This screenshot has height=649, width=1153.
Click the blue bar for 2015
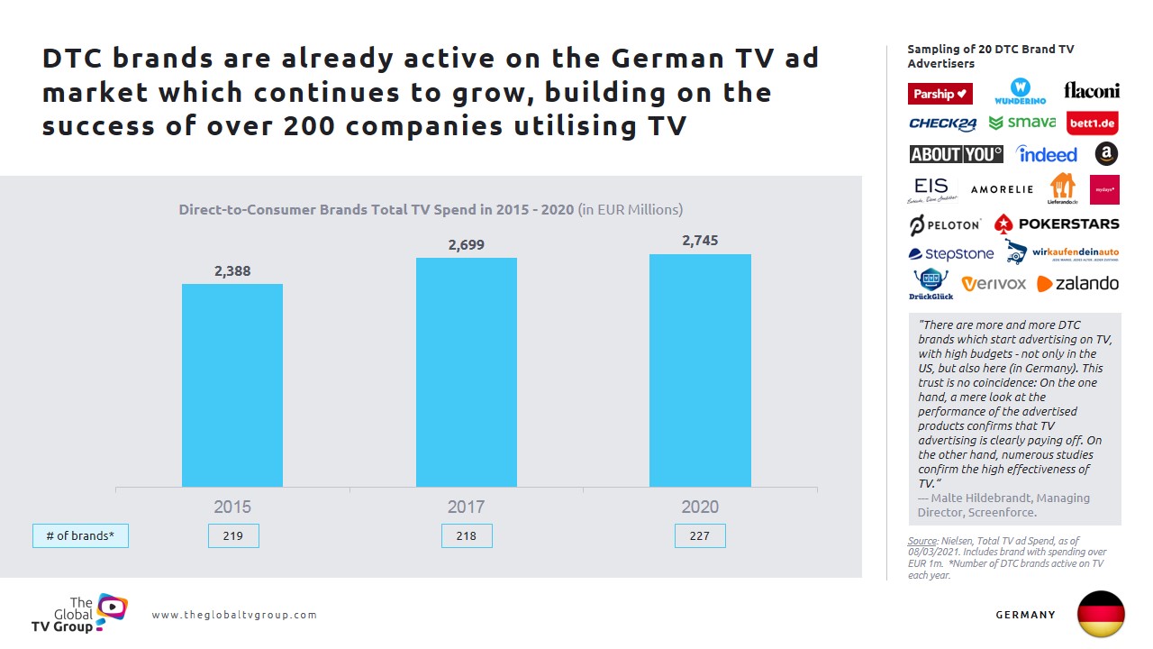[232, 386]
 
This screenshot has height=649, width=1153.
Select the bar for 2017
[466, 372]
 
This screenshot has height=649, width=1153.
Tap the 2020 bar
[700, 370]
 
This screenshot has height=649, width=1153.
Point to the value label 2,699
[466, 244]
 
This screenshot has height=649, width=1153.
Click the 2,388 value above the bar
[232, 270]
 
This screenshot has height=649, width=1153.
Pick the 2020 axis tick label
[700, 507]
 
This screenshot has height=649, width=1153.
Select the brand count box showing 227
[700, 535]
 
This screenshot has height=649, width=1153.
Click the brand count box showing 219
[232, 535]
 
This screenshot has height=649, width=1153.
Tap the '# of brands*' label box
[80, 535]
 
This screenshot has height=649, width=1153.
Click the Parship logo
[940, 94]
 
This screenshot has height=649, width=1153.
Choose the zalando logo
[1077, 284]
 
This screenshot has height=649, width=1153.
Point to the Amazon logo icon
[1106, 154]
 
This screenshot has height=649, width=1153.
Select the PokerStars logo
[1057, 224]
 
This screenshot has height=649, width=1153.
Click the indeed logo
[1047, 154]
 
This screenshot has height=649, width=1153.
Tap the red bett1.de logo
[1092, 123]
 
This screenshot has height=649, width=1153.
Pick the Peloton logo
[944, 224]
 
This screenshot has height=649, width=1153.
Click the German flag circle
[1101, 614]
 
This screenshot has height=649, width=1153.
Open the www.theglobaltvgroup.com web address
[234, 615]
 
